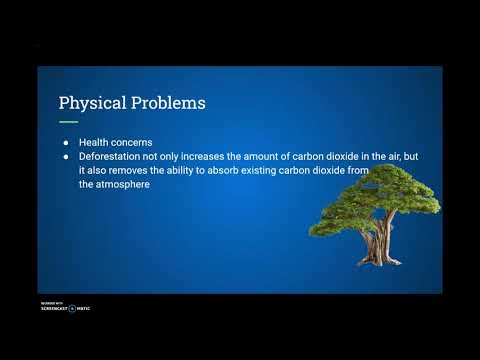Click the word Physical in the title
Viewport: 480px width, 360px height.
(89, 103)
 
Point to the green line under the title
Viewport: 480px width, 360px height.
(68, 121)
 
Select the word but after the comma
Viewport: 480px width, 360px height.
(433, 156)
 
